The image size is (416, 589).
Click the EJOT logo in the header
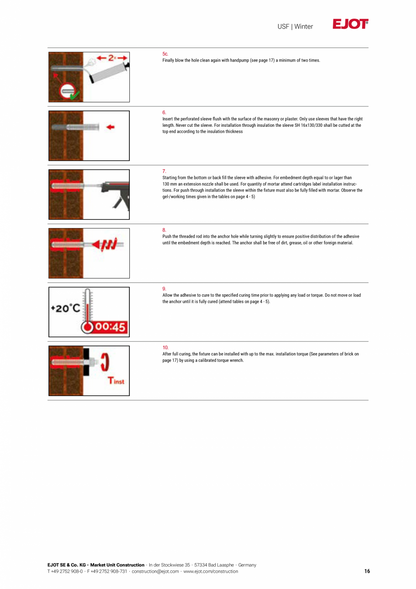click(350, 24)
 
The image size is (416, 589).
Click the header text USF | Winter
click(295, 27)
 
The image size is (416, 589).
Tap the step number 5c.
click(165, 54)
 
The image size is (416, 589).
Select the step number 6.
click(164, 112)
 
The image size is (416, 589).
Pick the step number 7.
click(164, 171)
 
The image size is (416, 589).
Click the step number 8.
click(164, 230)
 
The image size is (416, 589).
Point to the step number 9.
click(164, 289)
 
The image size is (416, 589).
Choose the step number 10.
click(165, 348)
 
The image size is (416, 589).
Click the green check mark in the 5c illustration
click(74, 96)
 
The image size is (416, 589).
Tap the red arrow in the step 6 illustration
click(110, 127)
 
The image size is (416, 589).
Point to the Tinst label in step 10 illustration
click(116, 381)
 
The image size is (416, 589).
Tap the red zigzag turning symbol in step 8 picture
click(109, 245)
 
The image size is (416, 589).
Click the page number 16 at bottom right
click(367, 571)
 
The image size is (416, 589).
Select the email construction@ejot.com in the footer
click(155, 571)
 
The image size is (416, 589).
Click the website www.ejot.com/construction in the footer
click(210, 571)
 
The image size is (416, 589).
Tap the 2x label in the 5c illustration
click(110, 57)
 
